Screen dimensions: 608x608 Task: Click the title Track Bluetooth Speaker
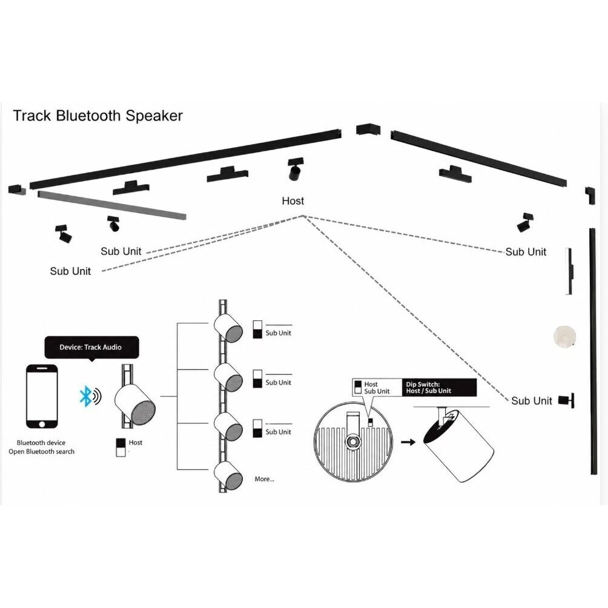(97, 116)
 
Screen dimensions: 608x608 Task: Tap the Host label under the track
(292, 201)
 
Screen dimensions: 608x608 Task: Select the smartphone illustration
(42, 396)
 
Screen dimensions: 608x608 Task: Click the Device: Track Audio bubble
(91, 348)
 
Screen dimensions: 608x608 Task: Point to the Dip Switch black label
(438, 388)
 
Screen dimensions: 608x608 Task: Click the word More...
(265, 479)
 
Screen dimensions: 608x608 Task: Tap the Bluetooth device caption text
(41, 443)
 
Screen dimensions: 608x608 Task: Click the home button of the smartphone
(42, 423)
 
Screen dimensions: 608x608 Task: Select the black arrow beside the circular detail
(408, 441)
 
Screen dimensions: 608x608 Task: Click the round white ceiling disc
(564, 336)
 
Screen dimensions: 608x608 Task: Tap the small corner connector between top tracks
(368, 129)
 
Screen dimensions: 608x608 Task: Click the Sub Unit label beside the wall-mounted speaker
(531, 400)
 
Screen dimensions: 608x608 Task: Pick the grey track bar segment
(111, 205)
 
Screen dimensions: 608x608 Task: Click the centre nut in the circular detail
(353, 441)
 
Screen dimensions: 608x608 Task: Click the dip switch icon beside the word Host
(121, 448)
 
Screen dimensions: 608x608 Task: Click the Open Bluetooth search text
(42, 451)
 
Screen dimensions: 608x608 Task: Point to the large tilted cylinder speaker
(458, 445)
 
